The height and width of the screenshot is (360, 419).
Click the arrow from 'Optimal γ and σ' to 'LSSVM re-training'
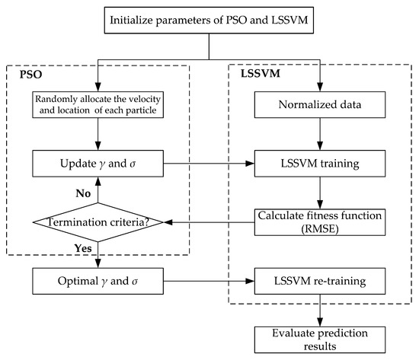click(208, 281)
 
